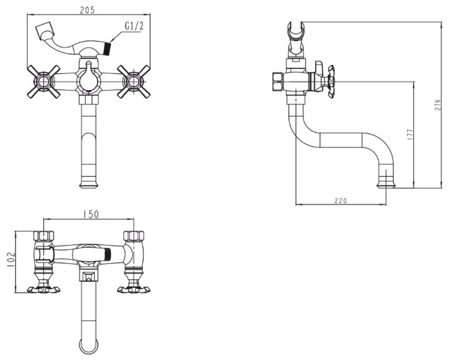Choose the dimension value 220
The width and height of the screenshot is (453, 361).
[341, 200]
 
